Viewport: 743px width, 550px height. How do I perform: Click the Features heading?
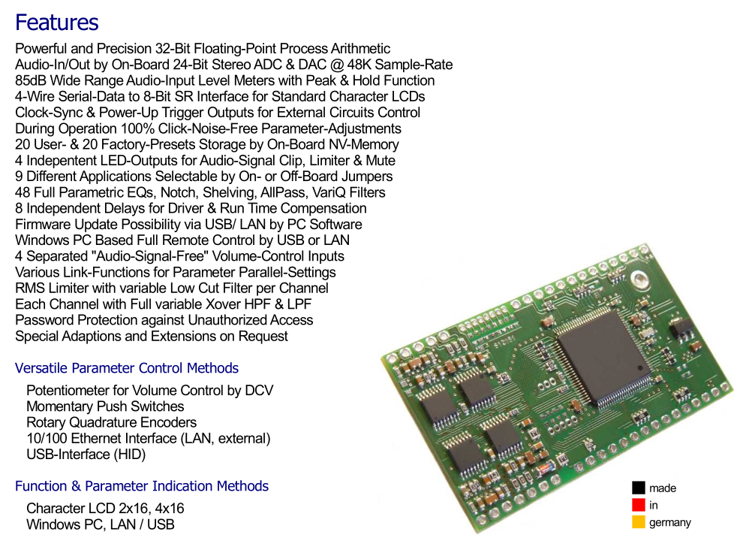pyautogui.click(x=57, y=23)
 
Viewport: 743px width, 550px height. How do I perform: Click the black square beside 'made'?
pyautogui.click(x=638, y=488)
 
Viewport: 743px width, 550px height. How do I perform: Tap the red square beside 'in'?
pyautogui.click(x=638, y=505)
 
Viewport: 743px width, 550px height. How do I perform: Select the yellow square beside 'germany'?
pyautogui.click(x=638, y=522)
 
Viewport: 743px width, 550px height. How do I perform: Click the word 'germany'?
pyautogui.click(x=670, y=523)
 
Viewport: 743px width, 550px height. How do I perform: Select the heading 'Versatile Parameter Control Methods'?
pyautogui.click(x=127, y=368)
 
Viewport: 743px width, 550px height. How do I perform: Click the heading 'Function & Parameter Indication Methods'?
pyautogui.click(x=142, y=486)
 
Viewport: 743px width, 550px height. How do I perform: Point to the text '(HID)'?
pyautogui.click(x=129, y=455)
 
